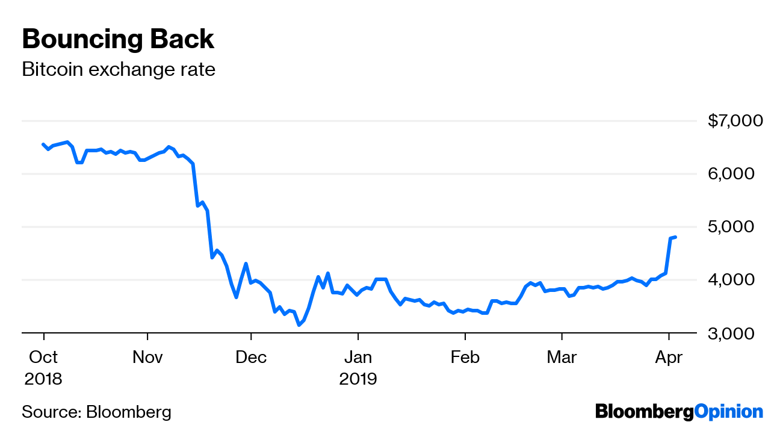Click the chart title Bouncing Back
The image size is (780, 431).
tap(118, 40)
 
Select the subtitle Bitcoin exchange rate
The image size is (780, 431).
tap(118, 70)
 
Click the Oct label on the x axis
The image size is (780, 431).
tap(43, 357)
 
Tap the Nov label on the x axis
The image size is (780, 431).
tap(147, 357)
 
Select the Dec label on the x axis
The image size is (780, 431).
tap(251, 357)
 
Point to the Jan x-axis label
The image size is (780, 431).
tap(358, 357)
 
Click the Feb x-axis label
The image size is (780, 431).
tap(465, 357)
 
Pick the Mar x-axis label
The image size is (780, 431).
tap(562, 357)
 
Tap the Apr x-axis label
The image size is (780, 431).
tap(668, 357)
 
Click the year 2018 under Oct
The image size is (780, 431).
tap(43, 379)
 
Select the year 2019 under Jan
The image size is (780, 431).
tap(358, 379)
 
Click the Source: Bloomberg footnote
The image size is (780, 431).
tap(96, 412)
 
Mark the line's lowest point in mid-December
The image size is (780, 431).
tap(299, 325)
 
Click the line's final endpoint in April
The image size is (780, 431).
tap(675, 237)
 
